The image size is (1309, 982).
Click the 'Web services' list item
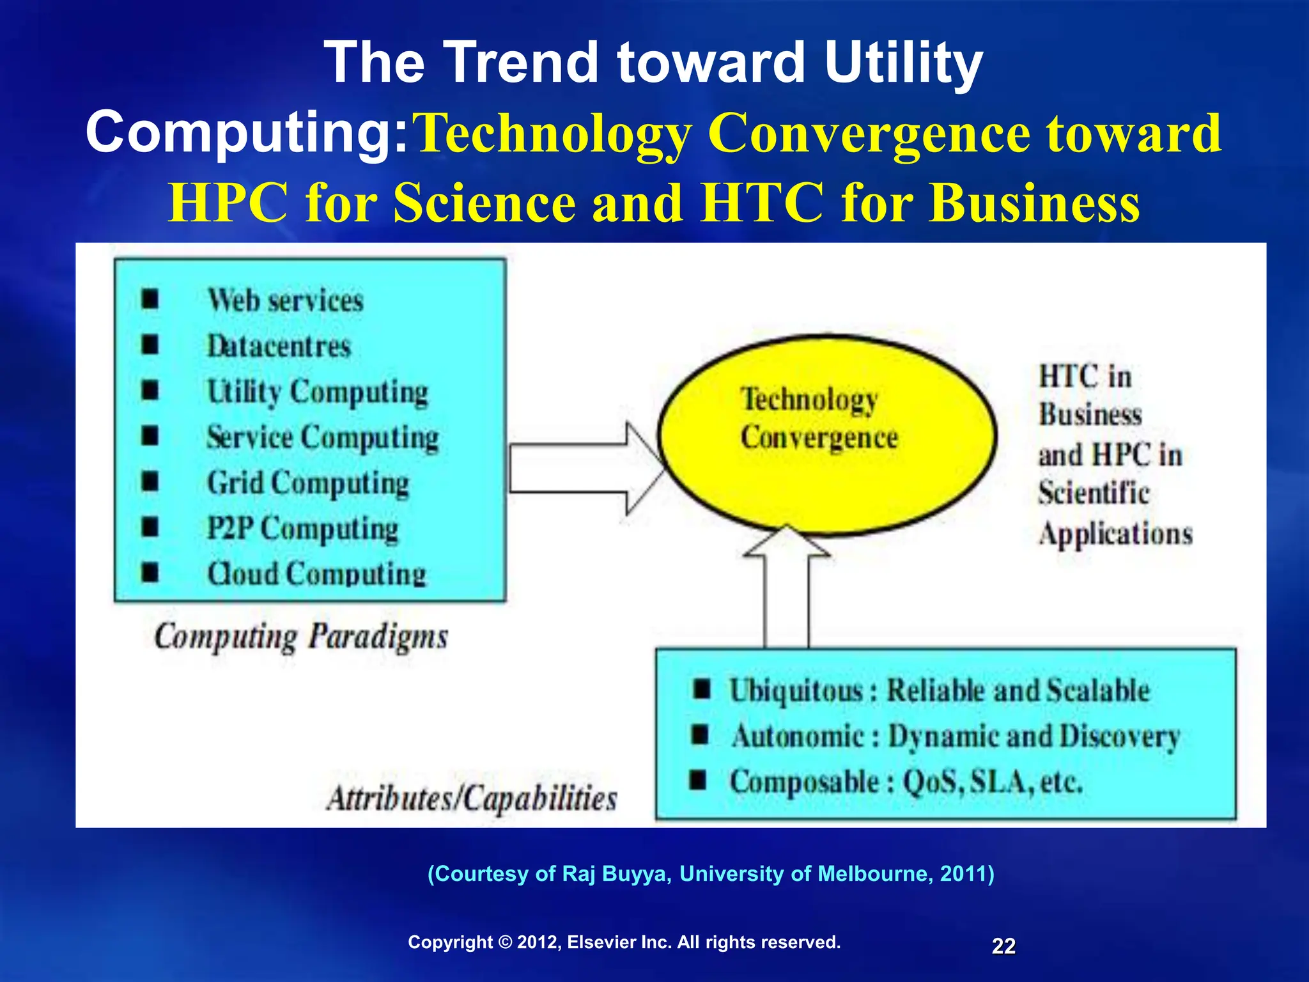point(285,300)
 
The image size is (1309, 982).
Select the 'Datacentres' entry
point(279,347)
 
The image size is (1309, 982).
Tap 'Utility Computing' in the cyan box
point(317,392)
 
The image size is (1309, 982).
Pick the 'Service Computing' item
point(323,438)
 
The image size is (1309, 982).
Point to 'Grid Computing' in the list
point(307,483)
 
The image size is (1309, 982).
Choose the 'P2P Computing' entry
point(302,529)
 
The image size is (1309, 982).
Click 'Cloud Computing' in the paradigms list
point(316,574)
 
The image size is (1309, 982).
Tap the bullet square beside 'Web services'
point(150,299)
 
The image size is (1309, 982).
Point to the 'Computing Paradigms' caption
point(301,637)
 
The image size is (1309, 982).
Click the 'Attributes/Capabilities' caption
point(472,799)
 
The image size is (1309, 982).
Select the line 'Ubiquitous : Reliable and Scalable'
point(940,691)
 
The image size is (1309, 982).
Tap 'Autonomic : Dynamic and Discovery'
point(956,736)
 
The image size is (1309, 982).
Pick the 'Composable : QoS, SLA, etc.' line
point(906,782)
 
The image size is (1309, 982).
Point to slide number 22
point(1003,946)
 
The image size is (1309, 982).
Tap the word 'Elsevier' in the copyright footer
point(603,942)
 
